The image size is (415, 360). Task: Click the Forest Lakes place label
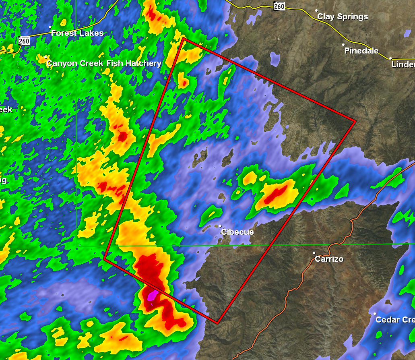pos(77,33)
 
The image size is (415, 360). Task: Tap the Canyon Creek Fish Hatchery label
pos(104,63)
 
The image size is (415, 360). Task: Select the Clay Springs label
pos(343,17)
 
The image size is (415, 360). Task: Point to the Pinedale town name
pos(361,51)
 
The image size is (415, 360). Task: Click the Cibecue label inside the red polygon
pos(237,232)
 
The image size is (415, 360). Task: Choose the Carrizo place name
pos(329,259)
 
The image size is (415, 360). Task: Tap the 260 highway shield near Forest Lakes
pos(24,41)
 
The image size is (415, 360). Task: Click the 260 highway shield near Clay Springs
pos(279,6)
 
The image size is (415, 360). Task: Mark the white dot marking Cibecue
pos(221,226)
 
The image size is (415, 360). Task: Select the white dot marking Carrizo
pos(314,253)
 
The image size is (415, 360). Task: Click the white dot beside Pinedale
pos(343,45)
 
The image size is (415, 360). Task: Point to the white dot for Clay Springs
pos(316,10)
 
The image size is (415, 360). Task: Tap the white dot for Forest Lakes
pos(50,27)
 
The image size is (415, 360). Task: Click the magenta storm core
pos(151,296)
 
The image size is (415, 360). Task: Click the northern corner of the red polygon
pos(184,39)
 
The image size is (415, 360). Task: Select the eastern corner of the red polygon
pos(355,121)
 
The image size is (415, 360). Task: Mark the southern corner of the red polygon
pos(217,323)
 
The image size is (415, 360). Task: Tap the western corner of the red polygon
pos(104,259)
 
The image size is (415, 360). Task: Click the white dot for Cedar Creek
pos(375,314)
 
